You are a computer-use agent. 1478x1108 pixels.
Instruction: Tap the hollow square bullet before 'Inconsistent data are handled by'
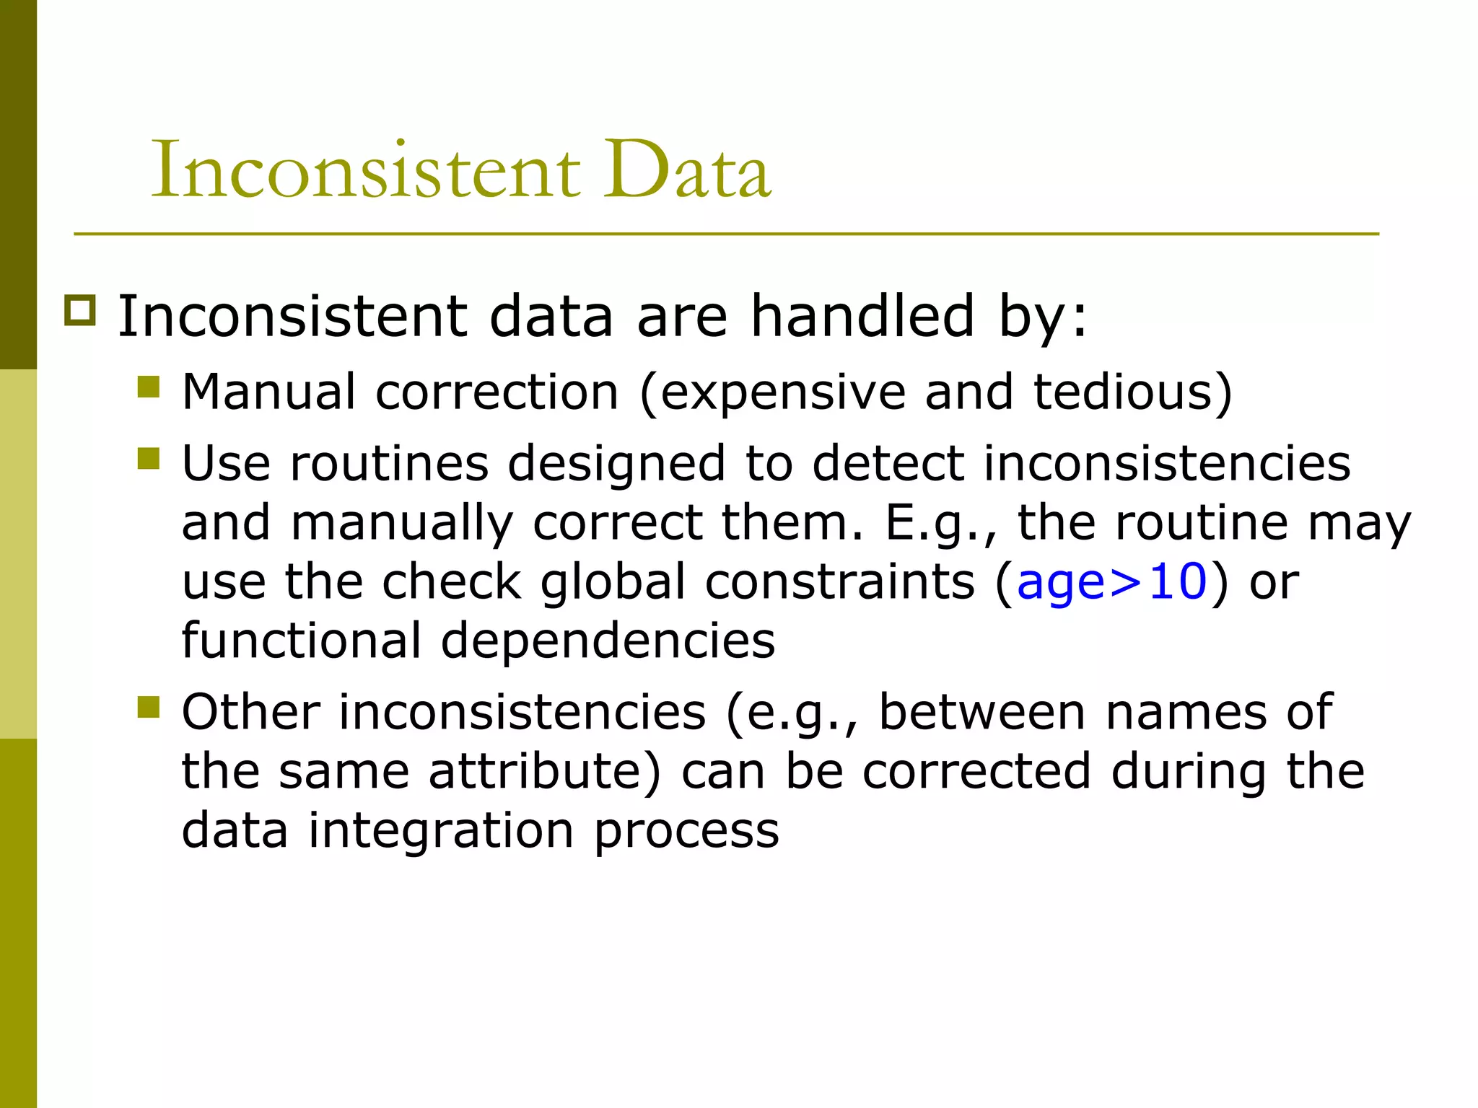[x=79, y=310]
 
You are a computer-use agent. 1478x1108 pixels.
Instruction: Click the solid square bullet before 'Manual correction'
[x=148, y=387]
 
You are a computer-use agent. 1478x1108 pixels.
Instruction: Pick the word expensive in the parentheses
[x=782, y=393]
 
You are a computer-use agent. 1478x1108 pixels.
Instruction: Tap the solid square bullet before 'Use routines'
[x=148, y=458]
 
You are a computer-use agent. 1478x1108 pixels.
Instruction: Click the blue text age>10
[x=1112, y=581]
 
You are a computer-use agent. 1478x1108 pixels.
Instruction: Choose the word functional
[x=302, y=641]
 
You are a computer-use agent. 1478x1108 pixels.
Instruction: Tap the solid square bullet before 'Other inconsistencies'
[x=148, y=707]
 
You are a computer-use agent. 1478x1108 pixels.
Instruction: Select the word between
[x=982, y=713]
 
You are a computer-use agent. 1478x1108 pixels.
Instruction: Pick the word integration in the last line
[x=441, y=831]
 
